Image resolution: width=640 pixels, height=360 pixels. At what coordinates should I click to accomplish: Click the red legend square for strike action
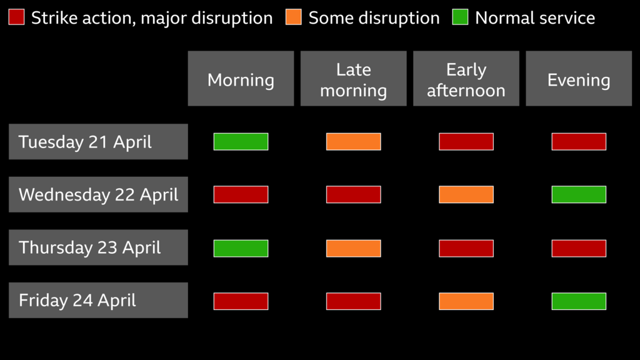16,17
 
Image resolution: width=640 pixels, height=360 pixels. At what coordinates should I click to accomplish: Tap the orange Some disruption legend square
293,17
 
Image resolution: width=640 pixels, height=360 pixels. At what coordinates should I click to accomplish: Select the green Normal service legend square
460,17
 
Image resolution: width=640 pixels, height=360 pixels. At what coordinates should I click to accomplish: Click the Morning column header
241,79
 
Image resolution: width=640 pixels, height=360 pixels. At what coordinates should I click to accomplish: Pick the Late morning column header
353,79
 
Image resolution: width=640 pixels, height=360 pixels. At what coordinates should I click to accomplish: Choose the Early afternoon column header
466,79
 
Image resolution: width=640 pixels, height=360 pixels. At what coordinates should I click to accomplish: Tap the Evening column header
578,79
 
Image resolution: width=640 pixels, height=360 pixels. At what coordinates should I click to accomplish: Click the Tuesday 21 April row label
98,142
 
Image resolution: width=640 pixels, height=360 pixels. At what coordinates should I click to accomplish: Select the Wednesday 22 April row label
98,194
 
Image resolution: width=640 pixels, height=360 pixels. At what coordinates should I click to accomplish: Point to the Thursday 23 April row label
98,247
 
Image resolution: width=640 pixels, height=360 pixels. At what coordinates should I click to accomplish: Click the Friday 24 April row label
98,301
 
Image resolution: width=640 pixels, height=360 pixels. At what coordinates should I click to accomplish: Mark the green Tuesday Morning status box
241,142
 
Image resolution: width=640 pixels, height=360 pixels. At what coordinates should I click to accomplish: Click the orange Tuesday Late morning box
353,142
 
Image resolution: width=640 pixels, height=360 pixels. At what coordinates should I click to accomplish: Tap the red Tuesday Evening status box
578,142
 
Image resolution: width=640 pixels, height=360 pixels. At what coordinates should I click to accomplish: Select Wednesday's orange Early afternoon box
466,194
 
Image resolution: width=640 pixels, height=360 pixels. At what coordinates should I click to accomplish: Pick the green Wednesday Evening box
578,194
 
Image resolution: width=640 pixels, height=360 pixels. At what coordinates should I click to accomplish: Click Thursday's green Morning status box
241,248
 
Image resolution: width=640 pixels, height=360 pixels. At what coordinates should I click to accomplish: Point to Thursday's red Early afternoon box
466,248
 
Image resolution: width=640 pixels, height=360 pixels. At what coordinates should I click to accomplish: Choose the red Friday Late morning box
353,301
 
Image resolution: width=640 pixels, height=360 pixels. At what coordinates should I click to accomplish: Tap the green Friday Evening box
578,301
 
